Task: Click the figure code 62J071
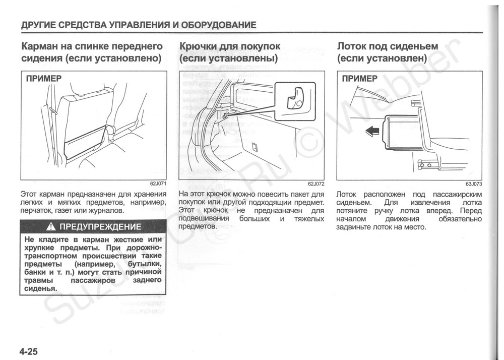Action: point(157,184)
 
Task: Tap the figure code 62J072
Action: point(316,184)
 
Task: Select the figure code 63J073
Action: point(474,184)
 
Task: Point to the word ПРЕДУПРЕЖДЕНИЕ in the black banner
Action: point(101,226)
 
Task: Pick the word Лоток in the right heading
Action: point(352,46)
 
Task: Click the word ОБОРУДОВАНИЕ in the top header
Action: point(220,25)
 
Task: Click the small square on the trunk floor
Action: point(255,147)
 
